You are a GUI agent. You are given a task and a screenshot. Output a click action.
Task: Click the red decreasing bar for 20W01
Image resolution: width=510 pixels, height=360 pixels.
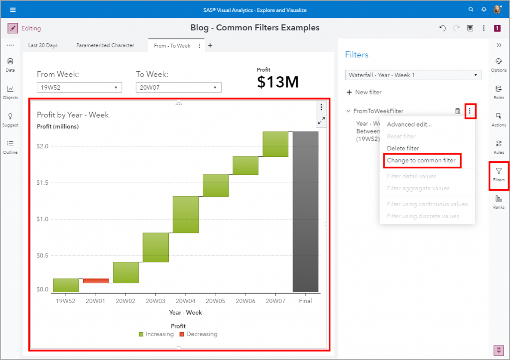click(96, 281)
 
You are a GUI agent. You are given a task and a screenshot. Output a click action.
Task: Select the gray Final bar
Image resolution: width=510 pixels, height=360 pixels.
click(305, 212)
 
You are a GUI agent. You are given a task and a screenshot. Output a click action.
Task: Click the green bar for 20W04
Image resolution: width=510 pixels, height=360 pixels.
click(186, 214)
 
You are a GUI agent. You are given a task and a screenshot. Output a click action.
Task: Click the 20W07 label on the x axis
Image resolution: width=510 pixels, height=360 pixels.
click(275, 301)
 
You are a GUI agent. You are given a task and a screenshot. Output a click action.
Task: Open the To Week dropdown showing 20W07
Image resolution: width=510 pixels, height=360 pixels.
click(178, 88)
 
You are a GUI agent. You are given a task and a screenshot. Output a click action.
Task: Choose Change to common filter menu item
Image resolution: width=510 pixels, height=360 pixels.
click(421, 160)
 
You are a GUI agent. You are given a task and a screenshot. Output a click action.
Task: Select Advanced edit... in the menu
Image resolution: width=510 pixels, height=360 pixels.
click(409, 124)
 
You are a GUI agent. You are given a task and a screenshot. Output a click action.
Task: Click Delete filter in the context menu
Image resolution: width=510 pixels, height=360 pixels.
click(403, 148)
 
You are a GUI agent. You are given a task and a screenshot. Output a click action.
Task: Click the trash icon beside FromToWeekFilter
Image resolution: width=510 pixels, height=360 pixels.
click(458, 111)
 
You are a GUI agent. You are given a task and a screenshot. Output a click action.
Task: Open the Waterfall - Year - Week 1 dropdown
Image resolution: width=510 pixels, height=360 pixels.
click(413, 75)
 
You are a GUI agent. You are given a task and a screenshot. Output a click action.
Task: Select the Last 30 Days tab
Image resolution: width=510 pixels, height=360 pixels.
click(43, 45)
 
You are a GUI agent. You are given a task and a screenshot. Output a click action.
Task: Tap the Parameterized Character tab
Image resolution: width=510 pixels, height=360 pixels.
click(105, 45)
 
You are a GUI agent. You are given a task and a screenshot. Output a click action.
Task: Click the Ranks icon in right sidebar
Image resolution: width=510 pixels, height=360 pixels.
click(499, 201)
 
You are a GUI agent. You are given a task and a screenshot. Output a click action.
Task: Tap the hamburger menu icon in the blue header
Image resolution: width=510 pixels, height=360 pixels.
click(12, 9)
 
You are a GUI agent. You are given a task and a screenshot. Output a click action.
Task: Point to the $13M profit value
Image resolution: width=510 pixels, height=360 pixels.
click(278, 82)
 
